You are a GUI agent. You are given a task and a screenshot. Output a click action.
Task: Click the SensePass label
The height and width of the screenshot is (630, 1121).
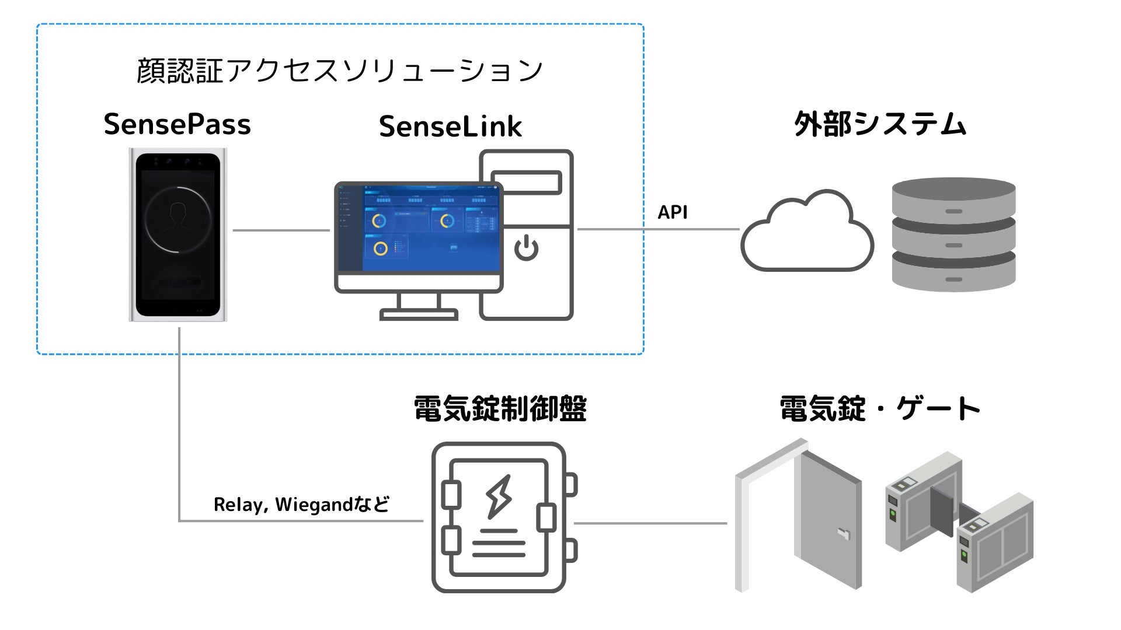coord(177,124)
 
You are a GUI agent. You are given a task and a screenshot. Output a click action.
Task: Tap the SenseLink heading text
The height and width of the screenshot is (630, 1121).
coord(450,127)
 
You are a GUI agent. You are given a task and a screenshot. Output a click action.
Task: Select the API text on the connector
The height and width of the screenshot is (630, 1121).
coord(673,212)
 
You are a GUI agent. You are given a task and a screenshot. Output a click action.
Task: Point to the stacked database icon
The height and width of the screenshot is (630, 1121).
coord(953,234)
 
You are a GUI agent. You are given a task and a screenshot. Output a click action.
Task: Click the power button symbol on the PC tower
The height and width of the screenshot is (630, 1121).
coord(526,247)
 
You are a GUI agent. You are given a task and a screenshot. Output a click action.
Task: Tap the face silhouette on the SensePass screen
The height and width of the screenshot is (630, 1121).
coord(177,218)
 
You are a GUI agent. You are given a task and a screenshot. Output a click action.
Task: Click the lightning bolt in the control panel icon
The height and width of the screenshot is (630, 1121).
coord(499,496)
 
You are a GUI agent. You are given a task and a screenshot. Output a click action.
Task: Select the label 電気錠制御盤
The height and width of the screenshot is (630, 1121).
coord(500,408)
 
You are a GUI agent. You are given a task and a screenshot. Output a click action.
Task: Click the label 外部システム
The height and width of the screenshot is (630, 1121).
coord(880,124)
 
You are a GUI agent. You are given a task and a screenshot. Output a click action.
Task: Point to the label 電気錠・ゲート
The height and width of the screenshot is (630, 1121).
coord(880,408)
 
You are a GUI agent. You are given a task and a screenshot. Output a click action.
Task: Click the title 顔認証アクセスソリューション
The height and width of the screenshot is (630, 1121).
coord(340,71)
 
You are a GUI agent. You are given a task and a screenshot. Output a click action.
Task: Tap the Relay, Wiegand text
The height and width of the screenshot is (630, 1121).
coord(301,504)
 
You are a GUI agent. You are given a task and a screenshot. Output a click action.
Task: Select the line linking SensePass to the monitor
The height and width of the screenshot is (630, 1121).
coord(281,230)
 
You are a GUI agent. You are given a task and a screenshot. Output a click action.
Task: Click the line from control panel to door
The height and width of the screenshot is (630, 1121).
coord(651,523)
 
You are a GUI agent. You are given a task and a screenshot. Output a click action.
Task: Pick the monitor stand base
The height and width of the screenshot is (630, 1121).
coord(419,316)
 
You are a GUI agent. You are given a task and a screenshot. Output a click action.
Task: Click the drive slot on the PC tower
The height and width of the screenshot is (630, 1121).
coord(526,183)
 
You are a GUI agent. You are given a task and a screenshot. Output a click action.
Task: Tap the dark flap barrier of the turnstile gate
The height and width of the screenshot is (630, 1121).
coord(941,508)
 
